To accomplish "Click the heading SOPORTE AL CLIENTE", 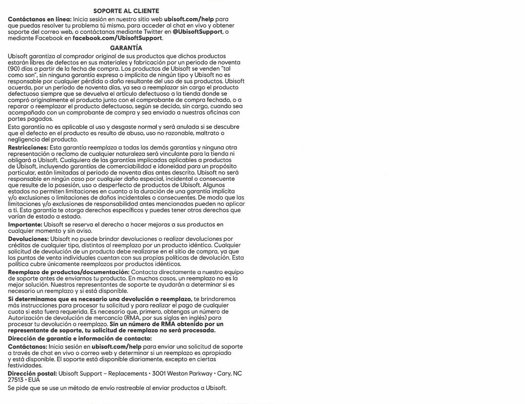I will [x=126, y=11].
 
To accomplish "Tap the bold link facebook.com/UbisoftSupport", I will [x=118, y=38].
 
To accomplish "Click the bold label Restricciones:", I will [x=28, y=147].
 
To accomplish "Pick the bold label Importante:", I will [x=25, y=224].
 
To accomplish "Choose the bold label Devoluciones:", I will [x=28, y=238].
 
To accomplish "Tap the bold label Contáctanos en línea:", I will [x=40, y=18].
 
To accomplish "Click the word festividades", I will [x=25, y=365].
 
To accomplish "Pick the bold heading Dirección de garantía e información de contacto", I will [x=80, y=338].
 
